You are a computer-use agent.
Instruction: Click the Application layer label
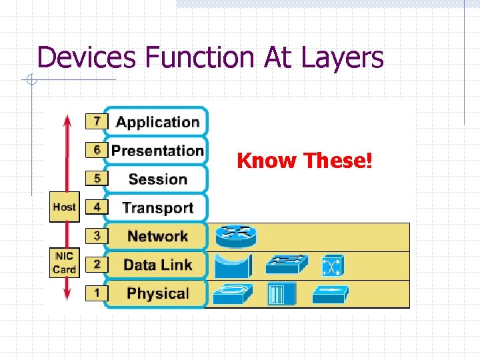[157, 122]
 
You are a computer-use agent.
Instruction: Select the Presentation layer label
[157, 151]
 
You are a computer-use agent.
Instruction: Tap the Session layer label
[157, 179]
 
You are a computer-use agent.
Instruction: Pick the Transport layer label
[157, 207]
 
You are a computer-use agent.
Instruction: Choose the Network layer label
[157, 236]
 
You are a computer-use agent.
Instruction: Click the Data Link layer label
[157, 265]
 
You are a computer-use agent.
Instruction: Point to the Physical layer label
[157, 293]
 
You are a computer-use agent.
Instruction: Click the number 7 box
[97, 121]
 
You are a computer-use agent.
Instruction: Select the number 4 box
[97, 207]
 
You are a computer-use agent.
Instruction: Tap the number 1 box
[97, 293]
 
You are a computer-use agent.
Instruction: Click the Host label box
[64, 207]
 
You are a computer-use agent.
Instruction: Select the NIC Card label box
[64, 263]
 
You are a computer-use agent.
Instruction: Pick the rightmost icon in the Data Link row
[331, 265]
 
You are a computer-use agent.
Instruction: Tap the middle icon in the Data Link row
[287, 265]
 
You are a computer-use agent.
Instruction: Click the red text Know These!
[305, 161]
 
